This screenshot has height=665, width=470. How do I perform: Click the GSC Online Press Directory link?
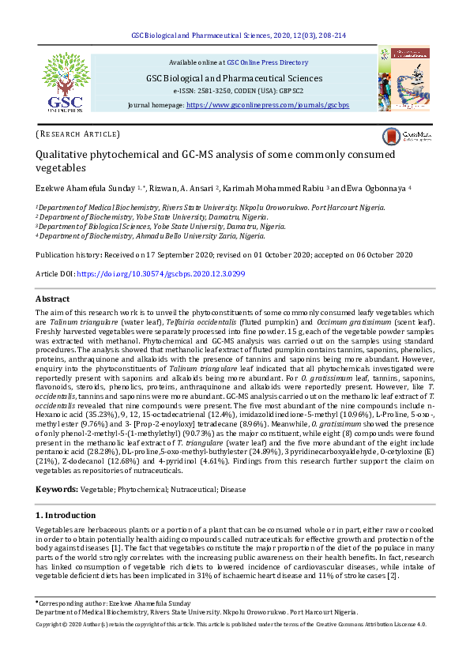267,62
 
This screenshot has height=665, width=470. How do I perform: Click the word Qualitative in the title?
63,156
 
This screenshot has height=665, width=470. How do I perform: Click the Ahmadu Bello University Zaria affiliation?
150,235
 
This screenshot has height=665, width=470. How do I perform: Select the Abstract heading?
53,299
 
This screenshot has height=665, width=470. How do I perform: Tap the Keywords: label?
57,490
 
